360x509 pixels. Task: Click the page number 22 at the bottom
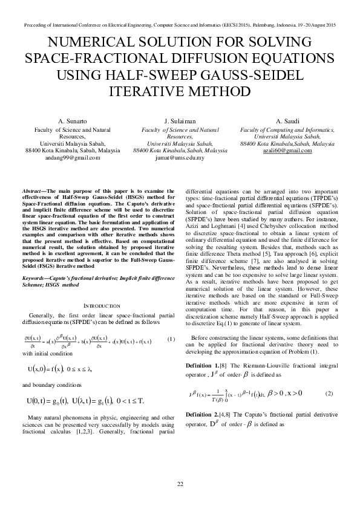[180, 484]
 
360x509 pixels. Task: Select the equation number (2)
[329, 393]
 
